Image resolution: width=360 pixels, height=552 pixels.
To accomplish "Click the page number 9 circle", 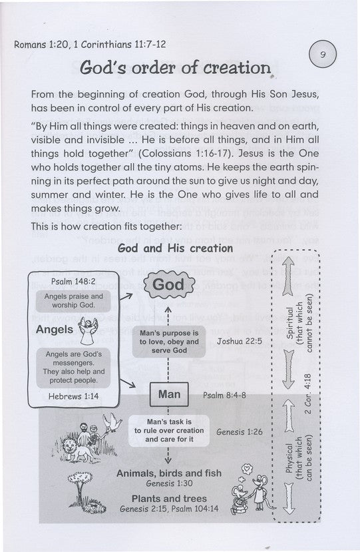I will click(x=323, y=55).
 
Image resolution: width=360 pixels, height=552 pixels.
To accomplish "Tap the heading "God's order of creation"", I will click(x=176, y=68).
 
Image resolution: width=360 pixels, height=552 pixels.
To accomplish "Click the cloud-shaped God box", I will click(x=168, y=286).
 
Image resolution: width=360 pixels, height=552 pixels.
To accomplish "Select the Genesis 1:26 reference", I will click(x=239, y=431).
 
